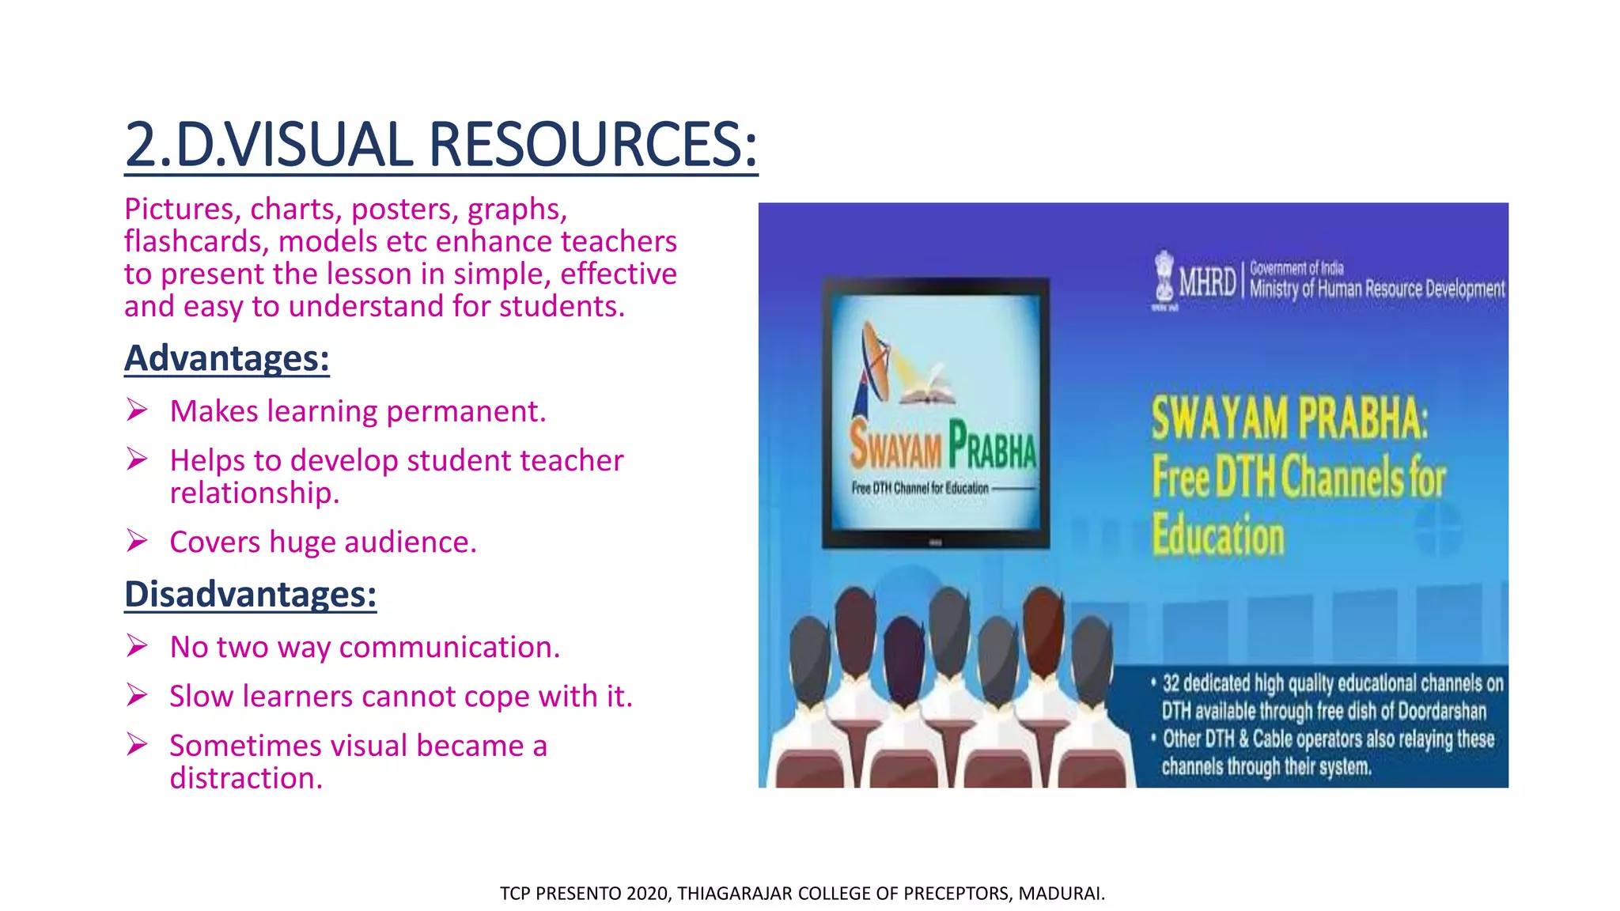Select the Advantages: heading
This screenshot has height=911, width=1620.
click(x=227, y=358)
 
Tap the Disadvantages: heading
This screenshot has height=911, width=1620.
click(x=250, y=595)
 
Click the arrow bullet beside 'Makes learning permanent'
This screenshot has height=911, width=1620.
click(x=137, y=410)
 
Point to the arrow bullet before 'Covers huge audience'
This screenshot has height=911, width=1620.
click(x=137, y=541)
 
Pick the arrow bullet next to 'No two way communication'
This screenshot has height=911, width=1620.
click(x=137, y=646)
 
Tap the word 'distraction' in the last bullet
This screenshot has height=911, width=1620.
click(x=246, y=779)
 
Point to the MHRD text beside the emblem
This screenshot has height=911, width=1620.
click(x=1207, y=282)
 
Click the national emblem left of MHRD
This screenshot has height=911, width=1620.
click(x=1164, y=278)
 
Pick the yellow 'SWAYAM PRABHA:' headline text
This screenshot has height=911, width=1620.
click(x=1289, y=418)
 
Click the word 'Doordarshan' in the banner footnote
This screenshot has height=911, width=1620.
click(x=1441, y=711)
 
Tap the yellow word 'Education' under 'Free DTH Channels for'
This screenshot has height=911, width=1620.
click(x=1218, y=535)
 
